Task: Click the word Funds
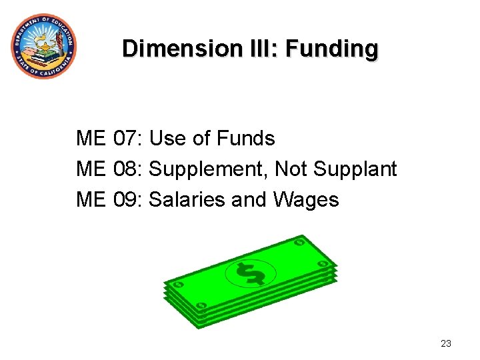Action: point(246,139)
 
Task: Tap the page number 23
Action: point(446,344)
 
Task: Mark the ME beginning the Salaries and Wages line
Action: point(91,199)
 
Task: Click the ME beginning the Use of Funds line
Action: point(91,139)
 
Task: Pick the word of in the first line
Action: point(201,139)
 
